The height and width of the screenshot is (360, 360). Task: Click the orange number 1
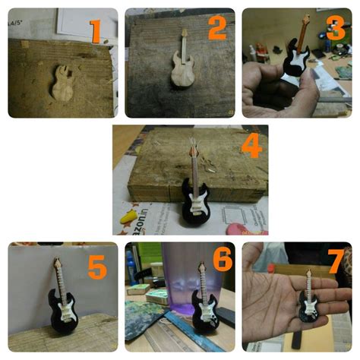tap(95, 31)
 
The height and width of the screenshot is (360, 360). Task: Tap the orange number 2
tap(217, 28)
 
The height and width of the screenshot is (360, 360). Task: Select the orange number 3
tap(335, 28)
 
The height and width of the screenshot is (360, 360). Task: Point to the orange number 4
tap(251, 146)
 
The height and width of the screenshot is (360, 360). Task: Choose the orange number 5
tap(97, 267)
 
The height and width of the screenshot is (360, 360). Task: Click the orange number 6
tap(221, 261)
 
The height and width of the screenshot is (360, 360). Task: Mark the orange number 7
tap(334, 262)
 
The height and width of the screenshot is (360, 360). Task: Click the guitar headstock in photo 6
tap(202, 267)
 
